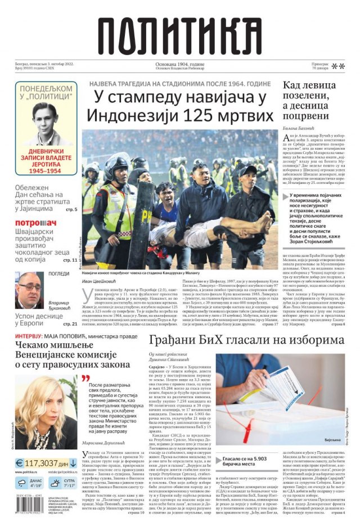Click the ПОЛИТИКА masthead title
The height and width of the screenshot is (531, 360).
coord(180,36)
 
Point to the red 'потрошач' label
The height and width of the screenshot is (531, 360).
coord(35,223)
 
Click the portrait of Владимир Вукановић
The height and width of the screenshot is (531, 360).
coord(29,291)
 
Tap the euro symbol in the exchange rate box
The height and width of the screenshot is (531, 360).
coord(21,463)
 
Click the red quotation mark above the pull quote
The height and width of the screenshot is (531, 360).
coord(85,379)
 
